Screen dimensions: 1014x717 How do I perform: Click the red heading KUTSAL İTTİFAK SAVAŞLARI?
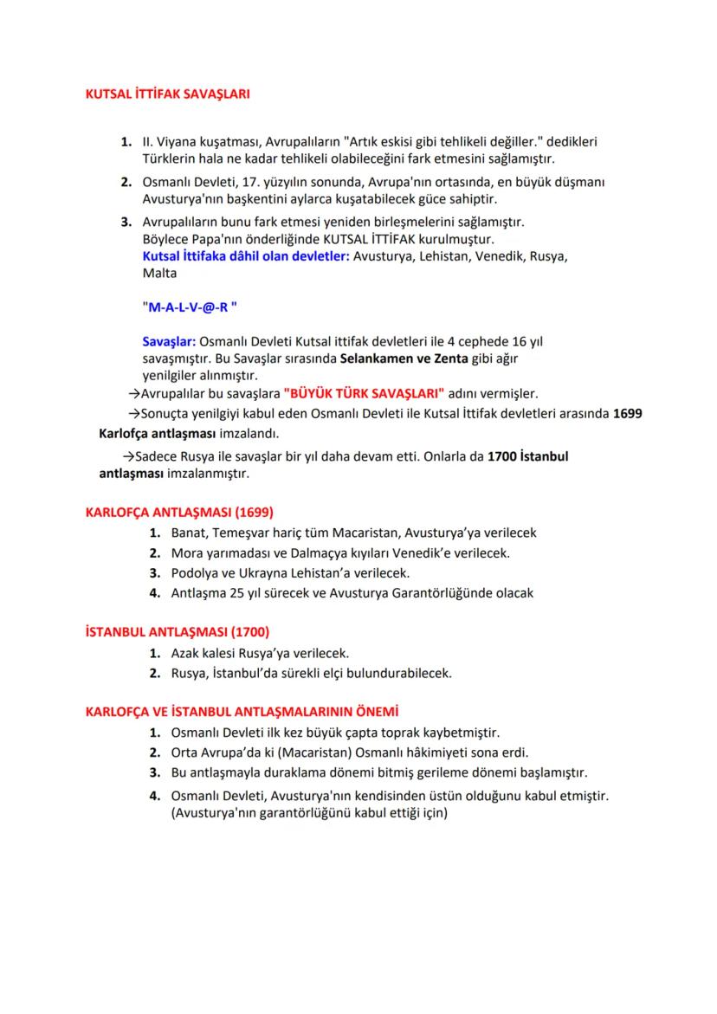click(167, 94)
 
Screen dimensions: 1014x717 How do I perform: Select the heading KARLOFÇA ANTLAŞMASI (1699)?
click(179, 512)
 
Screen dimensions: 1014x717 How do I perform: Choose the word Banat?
click(189, 533)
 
